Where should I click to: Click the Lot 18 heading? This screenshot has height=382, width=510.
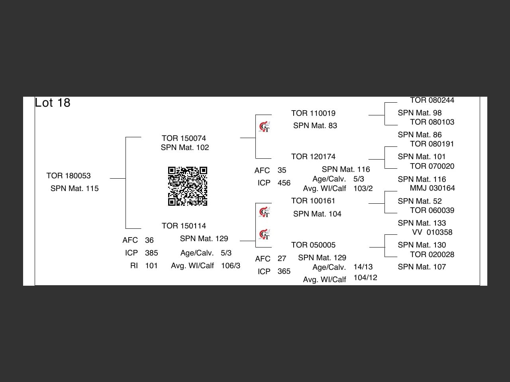pyautogui.click(x=53, y=103)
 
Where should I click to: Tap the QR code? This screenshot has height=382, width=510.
pyautogui.click(x=188, y=186)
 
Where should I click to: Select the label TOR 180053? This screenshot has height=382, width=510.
pyautogui.click(x=69, y=176)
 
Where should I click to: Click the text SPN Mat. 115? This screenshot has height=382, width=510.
pyautogui.click(x=75, y=189)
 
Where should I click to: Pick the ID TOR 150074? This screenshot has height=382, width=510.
pyautogui.click(x=184, y=138)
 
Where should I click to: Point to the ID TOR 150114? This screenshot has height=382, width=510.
pyautogui.click(x=184, y=226)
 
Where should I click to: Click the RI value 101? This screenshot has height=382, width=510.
pyautogui.click(x=151, y=266)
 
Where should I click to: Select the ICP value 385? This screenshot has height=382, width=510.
pyautogui.click(x=151, y=253)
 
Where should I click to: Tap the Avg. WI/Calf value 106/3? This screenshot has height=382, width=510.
pyautogui.click(x=231, y=266)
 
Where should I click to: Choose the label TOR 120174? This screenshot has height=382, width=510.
pyautogui.click(x=313, y=157)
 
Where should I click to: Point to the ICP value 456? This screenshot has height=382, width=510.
pyautogui.click(x=284, y=183)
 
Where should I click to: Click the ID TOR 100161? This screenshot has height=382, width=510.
pyautogui.click(x=313, y=201)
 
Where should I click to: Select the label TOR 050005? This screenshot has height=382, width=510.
pyautogui.click(x=313, y=245)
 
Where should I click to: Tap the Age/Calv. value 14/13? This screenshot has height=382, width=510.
pyautogui.click(x=363, y=267)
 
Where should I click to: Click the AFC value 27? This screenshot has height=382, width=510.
pyautogui.click(x=282, y=259)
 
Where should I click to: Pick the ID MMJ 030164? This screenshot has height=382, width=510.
pyautogui.click(x=432, y=188)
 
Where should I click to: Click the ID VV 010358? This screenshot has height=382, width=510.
pyautogui.click(x=432, y=232)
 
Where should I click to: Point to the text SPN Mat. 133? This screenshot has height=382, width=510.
pyautogui.click(x=422, y=223)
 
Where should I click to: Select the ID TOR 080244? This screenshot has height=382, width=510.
pyautogui.click(x=432, y=100)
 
